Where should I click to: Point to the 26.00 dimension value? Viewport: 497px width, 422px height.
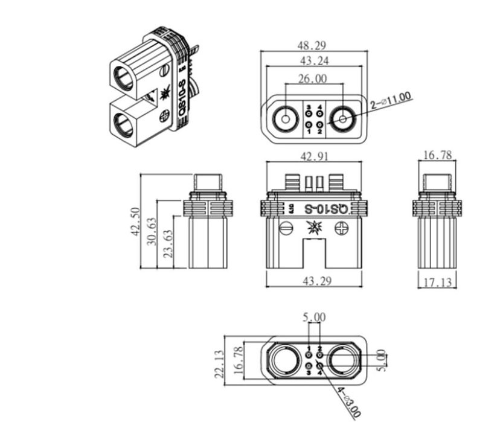(312, 78)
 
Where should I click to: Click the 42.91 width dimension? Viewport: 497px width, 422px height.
(314, 156)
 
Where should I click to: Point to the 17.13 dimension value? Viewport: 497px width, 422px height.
(437, 282)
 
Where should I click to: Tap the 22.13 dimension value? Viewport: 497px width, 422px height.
(220, 364)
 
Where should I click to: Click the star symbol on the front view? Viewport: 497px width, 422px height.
(314, 228)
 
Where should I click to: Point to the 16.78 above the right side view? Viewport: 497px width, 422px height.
(437, 155)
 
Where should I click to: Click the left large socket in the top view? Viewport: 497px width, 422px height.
(284, 119)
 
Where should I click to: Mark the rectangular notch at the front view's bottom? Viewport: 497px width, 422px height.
(314, 254)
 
